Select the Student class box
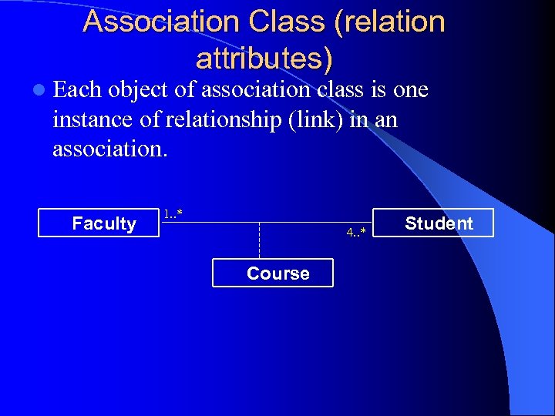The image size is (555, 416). point(433,223)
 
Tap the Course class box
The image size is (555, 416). point(273,273)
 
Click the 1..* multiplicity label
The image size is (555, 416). point(173,212)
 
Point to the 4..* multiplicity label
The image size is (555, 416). point(356,232)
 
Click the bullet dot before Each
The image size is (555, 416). point(39,90)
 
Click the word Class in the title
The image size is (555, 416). point(288,22)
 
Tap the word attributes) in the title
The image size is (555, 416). point(264,58)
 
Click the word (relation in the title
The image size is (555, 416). point(390,22)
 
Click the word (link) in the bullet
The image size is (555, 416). point(311,119)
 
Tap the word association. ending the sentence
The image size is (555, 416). point(109,148)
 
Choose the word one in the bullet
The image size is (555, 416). point(410,90)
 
